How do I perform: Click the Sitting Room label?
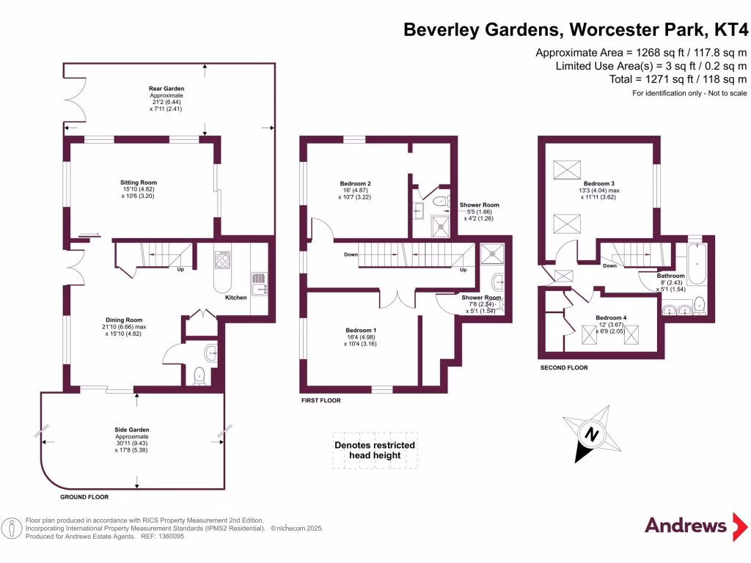pyautogui.click(x=139, y=183)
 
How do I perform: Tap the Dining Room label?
pyautogui.click(x=122, y=320)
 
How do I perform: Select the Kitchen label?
pyautogui.click(x=235, y=298)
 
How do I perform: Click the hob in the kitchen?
pyautogui.click(x=222, y=260)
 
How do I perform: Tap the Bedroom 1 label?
pyautogui.click(x=362, y=331)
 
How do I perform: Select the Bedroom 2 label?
pyautogui.click(x=355, y=183)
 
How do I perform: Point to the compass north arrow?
pyautogui.click(x=590, y=434)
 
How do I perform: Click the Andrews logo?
pyautogui.click(x=686, y=525)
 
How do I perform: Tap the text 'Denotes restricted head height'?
pyautogui.click(x=375, y=450)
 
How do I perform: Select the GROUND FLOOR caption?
pyautogui.click(x=84, y=497)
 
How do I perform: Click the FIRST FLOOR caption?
pyautogui.click(x=321, y=401)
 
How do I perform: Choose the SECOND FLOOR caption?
pyautogui.click(x=564, y=368)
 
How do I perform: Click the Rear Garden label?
pyautogui.click(x=166, y=89)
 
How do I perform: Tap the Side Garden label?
pyautogui.click(x=133, y=430)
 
